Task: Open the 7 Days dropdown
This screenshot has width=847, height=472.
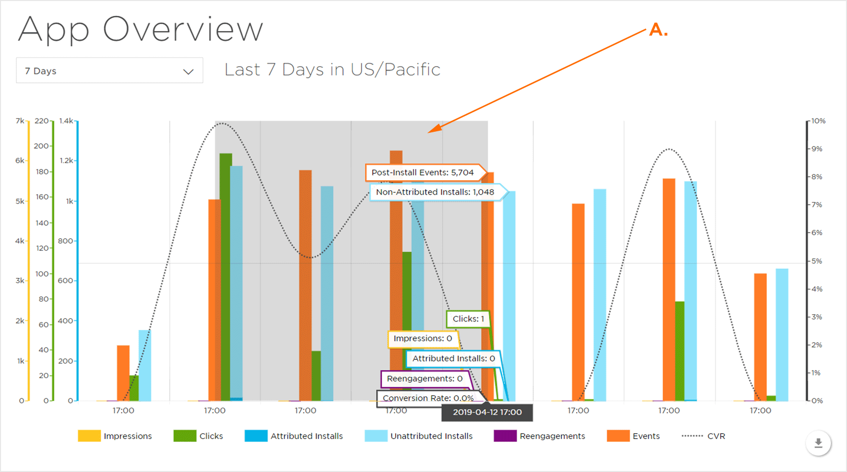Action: point(109,71)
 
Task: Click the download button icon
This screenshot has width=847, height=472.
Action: point(818,443)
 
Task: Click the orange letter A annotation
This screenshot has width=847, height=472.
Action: point(658,30)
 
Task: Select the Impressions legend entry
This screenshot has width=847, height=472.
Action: point(115,436)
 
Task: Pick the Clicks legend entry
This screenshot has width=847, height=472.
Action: point(199,436)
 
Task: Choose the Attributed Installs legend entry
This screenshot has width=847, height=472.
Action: point(294,436)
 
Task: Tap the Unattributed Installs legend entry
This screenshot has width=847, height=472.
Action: point(419,436)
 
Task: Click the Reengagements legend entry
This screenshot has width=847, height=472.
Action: point(540,436)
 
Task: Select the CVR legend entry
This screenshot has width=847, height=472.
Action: point(703,436)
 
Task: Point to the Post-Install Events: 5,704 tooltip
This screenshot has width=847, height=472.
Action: point(422,173)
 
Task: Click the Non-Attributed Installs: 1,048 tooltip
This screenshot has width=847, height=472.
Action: point(435,192)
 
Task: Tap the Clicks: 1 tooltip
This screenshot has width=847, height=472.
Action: point(468,319)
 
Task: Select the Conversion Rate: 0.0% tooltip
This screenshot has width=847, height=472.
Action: point(428,398)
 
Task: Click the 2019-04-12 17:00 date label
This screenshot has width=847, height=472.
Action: point(487,412)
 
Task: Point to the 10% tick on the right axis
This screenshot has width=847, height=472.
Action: point(818,121)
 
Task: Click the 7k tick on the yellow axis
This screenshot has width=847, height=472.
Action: point(20,121)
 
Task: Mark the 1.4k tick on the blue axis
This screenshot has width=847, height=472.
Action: point(66,121)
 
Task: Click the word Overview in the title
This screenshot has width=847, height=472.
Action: point(183,29)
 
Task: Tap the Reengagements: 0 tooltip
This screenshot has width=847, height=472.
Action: point(424,379)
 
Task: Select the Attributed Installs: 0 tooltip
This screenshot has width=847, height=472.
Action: point(453,358)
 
